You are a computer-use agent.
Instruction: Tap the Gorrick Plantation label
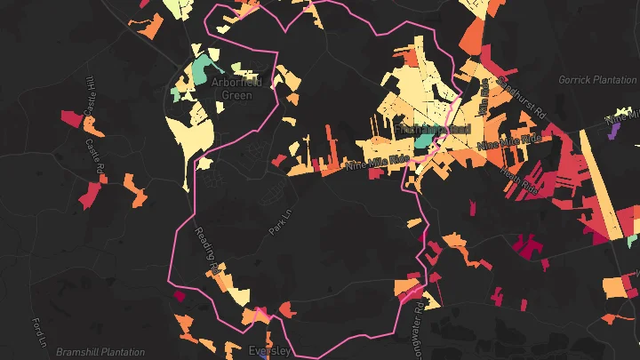tap(597, 80)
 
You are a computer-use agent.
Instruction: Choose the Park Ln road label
tap(280, 220)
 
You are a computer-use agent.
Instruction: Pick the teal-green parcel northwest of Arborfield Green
tap(205, 65)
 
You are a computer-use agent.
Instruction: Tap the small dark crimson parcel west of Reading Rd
tap(179, 296)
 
